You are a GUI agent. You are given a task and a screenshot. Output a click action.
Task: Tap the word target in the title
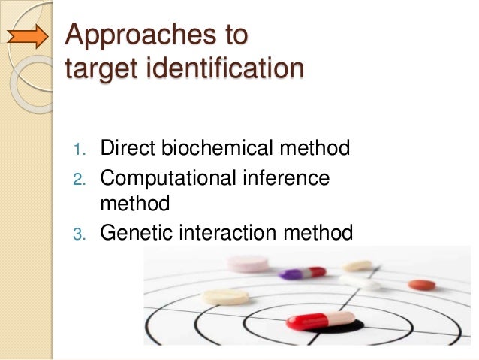coord(98,70)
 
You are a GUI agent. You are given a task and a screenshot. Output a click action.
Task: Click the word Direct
coord(127,147)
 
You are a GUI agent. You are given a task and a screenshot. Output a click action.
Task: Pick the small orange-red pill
coord(421,285)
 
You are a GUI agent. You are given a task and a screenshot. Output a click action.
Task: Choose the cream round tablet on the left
coord(224,296)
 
